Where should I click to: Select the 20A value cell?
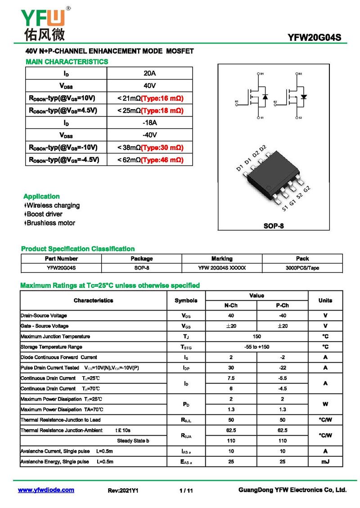pos(150,73)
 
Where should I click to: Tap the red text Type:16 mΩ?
pos(162,98)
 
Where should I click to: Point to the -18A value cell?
pos(150,123)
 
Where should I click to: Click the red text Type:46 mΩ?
pos(162,160)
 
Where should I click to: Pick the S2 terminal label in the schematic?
pos(300,118)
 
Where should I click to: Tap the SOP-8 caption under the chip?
pos(274,226)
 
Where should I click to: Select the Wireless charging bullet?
pos(53,205)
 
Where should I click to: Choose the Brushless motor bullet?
pos(50,223)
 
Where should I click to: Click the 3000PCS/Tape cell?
pos(302,268)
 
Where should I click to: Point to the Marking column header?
pos(222,258)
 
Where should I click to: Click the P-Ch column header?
pos(282,305)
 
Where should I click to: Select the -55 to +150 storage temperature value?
pos(256,347)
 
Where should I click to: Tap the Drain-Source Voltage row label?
pos(44,316)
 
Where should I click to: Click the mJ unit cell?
pos(325,462)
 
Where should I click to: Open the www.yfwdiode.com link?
pos(46,490)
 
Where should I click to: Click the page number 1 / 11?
pos(185,490)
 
